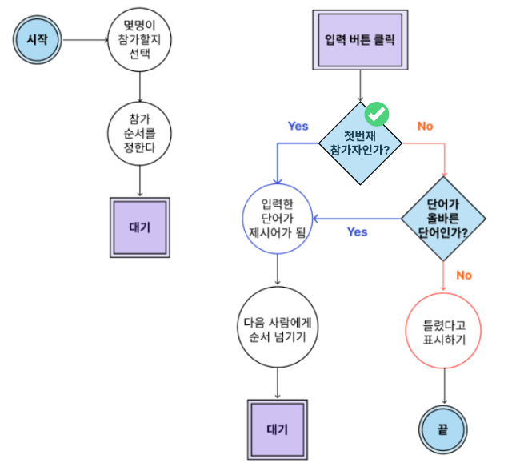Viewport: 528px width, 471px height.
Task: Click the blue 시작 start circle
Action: tap(37, 38)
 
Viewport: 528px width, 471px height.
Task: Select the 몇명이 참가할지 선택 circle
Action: tap(140, 38)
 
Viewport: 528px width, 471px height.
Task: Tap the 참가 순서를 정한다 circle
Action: tap(140, 132)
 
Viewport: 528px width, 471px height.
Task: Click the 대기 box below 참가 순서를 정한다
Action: tap(140, 227)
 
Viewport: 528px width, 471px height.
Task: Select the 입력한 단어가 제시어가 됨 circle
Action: tap(277, 218)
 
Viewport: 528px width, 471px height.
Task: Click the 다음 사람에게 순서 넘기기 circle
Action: tap(277, 330)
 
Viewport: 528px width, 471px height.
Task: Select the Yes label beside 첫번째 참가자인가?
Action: tap(298, 126)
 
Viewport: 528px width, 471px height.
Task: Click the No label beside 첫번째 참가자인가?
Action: tap(425, 126)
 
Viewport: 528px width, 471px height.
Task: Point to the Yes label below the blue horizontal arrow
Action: tap(357, 232)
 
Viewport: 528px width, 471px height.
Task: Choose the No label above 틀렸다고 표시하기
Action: tap(464, 275)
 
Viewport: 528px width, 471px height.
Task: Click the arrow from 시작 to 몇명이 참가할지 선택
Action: tap(85, 38)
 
